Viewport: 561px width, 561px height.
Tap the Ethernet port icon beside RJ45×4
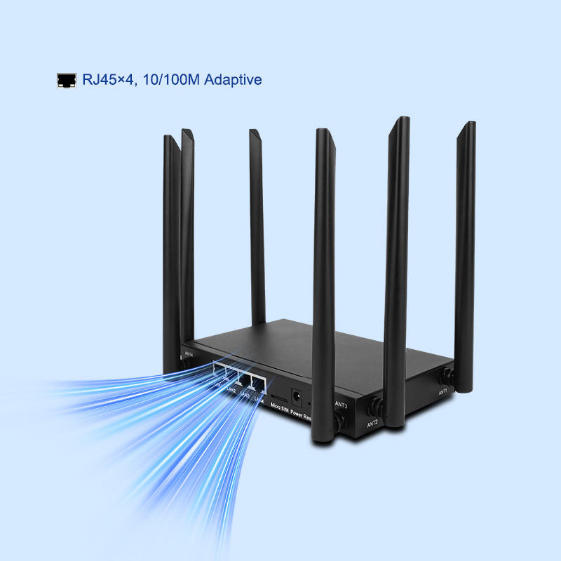[x=66, y=80]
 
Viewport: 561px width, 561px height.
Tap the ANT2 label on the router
[x=372, y=423]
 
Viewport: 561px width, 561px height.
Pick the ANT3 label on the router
[x=342, y=405]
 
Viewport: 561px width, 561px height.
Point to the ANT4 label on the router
[x=188, y=354]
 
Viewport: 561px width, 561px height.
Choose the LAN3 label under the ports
[x=245, y=396]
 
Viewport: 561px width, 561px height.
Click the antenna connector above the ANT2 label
[x=376, y=405]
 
